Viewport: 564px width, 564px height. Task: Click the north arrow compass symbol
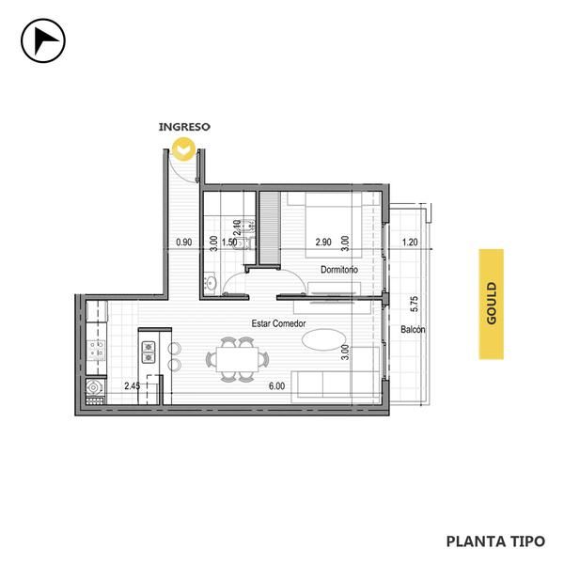coord(43,40)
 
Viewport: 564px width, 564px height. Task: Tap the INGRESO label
coord(184,127)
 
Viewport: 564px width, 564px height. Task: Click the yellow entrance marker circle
coord(184,149)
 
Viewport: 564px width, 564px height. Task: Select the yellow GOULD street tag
coord(491,304)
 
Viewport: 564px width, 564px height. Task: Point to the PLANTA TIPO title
coord(495,541)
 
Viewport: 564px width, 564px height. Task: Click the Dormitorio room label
coord(339,270)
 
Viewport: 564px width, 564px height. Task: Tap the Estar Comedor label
coord(278,323)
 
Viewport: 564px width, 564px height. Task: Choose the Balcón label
coord(413,329)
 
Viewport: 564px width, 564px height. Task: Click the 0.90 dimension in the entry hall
coord(184,243)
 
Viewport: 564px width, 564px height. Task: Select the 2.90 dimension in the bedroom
coord(323,243)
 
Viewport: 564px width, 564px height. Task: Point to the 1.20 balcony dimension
coord(410,243)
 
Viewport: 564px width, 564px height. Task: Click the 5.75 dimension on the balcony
coord(414,304)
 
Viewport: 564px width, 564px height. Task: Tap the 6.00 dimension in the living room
coord(276,386)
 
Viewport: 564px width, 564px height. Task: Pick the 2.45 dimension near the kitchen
coord(132,386)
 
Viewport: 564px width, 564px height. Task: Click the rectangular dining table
coord(238,359)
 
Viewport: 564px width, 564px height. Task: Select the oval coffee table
coord(324,339)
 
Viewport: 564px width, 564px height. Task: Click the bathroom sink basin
coord(211,283)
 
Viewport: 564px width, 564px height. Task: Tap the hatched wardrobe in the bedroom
coord(270,227)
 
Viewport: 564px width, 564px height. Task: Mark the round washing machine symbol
coord(93,387)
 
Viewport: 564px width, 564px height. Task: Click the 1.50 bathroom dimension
coord(229,243)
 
